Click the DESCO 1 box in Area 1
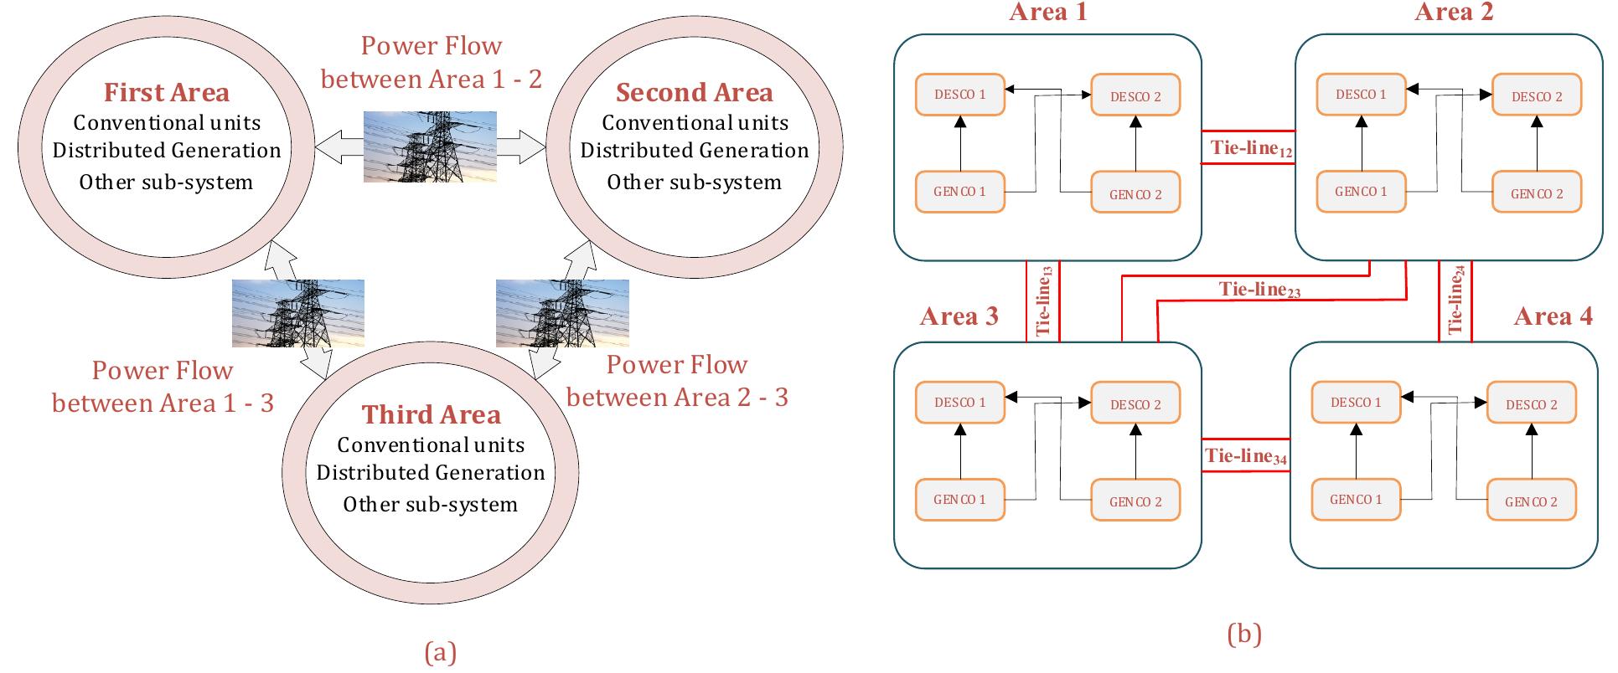click(x=959, y=95)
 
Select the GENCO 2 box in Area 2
click(x=1537, y=193)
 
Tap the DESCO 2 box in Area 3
click(x=1135, y=404)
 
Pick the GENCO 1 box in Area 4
click(x=1355, y=500)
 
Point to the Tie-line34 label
click(x=1245, y=457)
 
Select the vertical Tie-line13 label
click(x=1043, y=301)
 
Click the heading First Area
click(x=166, y=92)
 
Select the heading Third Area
click(x=431, y=414)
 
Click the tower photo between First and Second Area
click(x=430, y=146)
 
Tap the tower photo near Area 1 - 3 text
click(x=297, y=313)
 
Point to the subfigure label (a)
click(x=441, y=652)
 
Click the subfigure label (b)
click(x=1243, y=634)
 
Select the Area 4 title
click(x=1553, y=316)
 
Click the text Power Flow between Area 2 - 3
click(x=677, y=381)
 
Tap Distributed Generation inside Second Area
click(x=695, y=151)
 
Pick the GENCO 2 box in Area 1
click(x=1135, y=194)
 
